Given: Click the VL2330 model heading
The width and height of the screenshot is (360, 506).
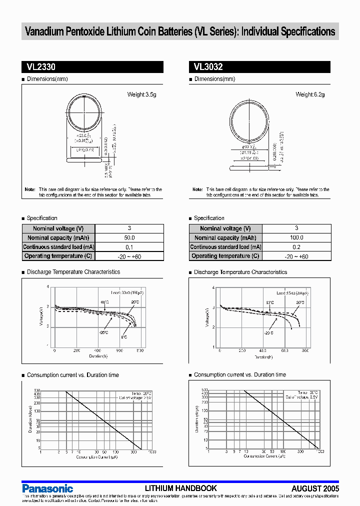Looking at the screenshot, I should (37, 67).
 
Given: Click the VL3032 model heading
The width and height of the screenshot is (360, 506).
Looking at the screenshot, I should (205, 67).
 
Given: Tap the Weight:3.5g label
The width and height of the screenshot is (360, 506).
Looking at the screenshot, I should (142, 94).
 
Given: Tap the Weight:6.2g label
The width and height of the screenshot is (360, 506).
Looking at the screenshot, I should (310, 94).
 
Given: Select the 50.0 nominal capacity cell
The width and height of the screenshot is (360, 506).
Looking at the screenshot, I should (129, 238).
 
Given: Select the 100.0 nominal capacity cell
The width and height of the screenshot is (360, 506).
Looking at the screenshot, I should (296, 238).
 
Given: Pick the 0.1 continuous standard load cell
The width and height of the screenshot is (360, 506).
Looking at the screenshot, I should (129, 247).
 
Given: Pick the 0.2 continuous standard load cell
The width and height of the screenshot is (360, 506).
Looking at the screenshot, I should (296, 247).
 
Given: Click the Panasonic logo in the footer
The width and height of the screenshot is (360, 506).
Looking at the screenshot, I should (47, 488).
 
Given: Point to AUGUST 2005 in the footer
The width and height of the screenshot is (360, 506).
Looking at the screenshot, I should (315, 488).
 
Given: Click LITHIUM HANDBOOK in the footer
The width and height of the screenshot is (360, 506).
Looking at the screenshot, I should (180, 488).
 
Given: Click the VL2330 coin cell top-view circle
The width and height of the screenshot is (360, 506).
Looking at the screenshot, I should (84, 111).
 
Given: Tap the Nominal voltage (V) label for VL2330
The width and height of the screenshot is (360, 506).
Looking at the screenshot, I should (58, 228).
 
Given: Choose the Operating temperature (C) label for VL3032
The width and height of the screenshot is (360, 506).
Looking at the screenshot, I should (225, 256).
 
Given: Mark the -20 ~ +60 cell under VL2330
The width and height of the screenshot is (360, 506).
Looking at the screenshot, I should (129, 256).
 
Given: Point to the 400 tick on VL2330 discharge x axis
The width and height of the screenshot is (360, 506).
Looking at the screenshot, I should (97, 351).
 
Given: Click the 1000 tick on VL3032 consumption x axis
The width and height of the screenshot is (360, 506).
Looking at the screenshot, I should (320, 451).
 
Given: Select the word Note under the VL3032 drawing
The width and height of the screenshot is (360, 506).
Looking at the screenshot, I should (197, 189).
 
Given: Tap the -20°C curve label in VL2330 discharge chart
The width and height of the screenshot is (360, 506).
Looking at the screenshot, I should (103, 332).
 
